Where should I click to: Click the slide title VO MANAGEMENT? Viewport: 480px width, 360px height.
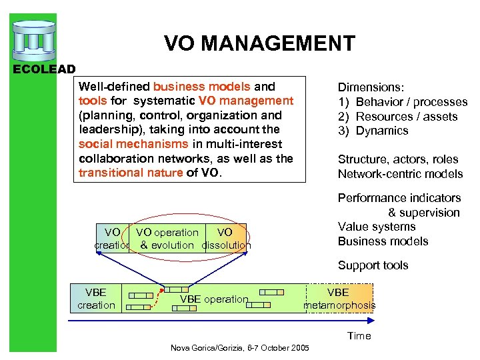point(259,44)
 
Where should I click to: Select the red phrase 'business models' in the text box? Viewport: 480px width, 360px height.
point(202,87)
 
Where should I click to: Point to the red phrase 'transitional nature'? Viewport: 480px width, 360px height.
point(130,173)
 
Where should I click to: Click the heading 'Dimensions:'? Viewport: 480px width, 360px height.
point(371,87)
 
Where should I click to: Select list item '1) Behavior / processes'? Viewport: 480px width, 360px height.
point(403,102)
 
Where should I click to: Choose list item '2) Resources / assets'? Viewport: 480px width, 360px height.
point(397,117)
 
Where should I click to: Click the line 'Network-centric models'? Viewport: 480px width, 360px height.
point(400,174)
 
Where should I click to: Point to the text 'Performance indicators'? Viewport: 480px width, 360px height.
point(399,198)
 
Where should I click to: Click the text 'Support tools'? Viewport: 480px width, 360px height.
point(373,265)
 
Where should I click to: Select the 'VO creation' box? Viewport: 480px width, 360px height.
point(112,239)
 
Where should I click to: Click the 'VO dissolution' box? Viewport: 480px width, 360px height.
point(225,239)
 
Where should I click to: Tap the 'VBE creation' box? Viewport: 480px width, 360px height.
point(96,299)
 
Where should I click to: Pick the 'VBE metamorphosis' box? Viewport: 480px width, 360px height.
point(339,299)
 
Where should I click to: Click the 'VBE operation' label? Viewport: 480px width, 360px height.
point(214,299)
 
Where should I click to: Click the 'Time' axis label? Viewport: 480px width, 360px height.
point(359,336)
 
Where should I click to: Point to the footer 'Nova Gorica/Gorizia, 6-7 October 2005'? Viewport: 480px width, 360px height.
point(240,348)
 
